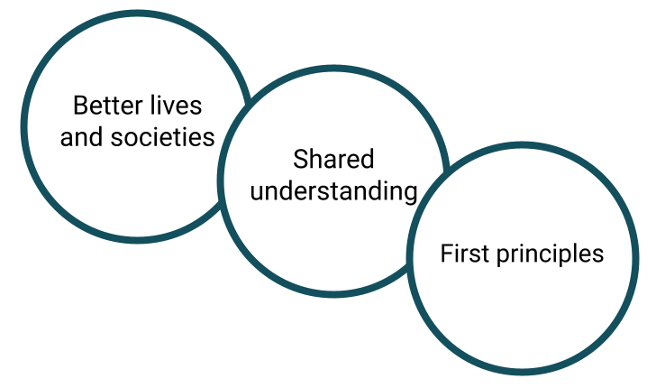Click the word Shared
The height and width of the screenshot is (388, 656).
click(333, 160)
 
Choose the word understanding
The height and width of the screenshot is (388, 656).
click(333, 191)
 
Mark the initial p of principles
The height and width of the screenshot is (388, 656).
click(502, 256)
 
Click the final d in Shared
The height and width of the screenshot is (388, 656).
click(368, 160)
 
